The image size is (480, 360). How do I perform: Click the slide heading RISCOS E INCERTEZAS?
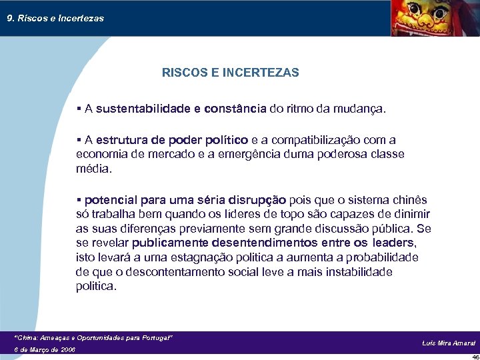pos(231,73)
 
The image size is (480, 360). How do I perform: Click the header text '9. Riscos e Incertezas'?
pos(55,19)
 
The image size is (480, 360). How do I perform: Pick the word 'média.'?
pos(94,169)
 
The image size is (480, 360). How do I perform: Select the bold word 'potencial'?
pos(110,200)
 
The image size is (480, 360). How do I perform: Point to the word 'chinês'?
pos(411,200)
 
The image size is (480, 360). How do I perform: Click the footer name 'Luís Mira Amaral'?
pos(449,343)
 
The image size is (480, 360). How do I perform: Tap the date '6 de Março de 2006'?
pos(45,349)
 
